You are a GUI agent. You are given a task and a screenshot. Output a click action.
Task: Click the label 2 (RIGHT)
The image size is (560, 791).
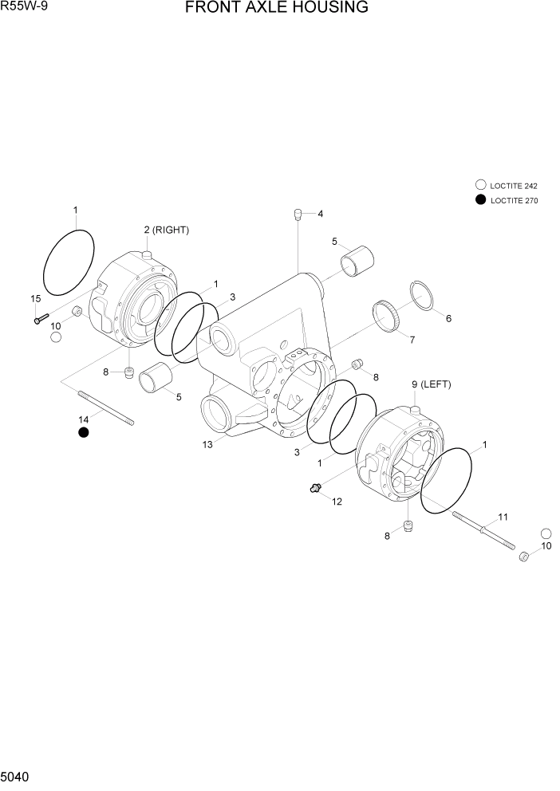166,230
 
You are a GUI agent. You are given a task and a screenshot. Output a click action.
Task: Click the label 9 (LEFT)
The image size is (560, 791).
431,384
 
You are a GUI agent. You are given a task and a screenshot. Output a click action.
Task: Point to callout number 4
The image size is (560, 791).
320,214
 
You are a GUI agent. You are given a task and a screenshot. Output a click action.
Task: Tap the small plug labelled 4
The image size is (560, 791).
298,214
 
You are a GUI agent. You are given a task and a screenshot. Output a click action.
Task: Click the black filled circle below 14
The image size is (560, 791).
83,432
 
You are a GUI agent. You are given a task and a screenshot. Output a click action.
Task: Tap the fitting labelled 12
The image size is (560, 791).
316,488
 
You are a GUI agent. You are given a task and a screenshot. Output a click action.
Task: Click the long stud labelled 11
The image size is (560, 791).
483,528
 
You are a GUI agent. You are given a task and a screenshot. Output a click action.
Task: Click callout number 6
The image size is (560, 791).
448,318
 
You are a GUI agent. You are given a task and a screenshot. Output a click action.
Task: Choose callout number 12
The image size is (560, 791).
337,502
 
